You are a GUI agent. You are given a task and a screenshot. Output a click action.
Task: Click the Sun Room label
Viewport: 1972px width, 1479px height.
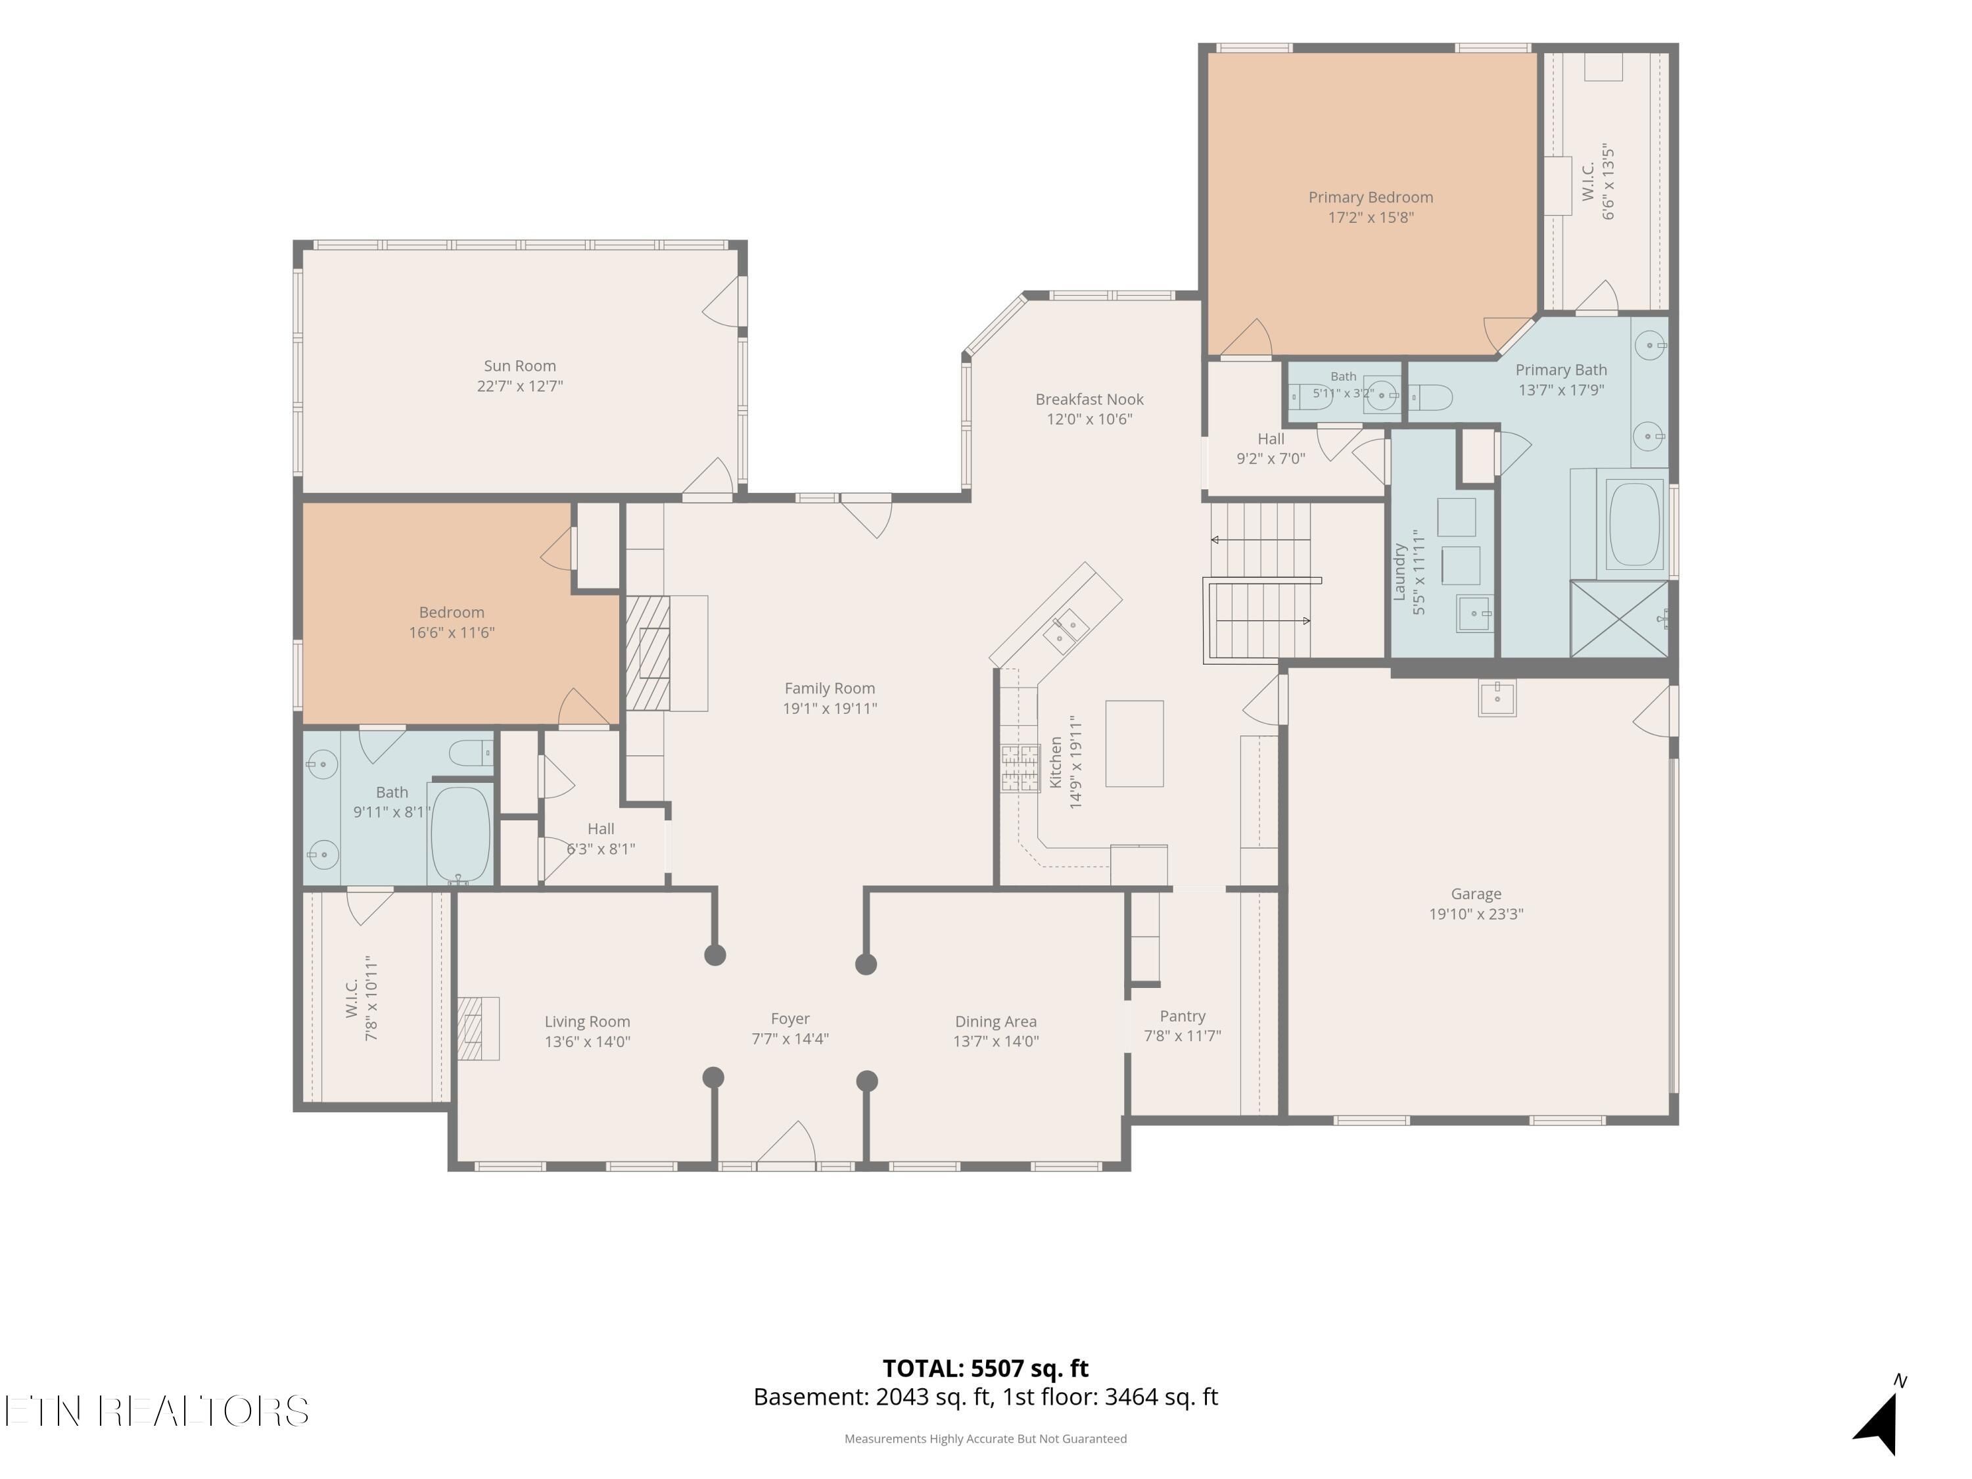click(520, 365)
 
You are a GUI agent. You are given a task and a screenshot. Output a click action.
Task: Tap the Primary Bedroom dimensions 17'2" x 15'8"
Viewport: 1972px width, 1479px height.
click(1371, 218)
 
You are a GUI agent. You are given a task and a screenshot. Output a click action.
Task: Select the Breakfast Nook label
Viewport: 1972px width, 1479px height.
click(1089, 400)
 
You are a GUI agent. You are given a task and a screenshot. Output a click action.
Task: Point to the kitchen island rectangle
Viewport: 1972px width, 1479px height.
click(1134, 743)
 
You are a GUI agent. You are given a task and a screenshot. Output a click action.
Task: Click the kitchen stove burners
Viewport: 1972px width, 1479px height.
click(1020, 768)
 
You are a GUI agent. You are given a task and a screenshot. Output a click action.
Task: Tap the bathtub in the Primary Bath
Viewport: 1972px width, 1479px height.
click(1634, 524)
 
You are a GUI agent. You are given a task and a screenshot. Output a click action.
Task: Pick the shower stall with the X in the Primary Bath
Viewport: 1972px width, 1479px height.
click(1619, 619)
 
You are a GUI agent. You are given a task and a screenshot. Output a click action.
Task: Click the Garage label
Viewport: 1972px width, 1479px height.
click(1476, 893)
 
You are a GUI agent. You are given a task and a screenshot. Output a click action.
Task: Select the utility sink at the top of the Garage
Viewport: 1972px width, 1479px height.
click(1497, 698)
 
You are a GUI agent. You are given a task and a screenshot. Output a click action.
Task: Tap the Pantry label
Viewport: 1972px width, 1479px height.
click(1182, 1016)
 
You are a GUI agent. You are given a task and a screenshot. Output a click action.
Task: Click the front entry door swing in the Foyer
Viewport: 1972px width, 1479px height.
click(786, 1143)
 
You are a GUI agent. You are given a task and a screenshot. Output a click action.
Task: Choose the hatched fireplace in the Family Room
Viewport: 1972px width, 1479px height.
click(647, 653)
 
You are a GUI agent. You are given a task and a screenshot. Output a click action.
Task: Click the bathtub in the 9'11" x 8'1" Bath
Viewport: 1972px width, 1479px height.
click(460, 833)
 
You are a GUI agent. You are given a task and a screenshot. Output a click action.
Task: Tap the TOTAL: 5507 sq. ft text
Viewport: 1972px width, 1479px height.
click(985, 1369)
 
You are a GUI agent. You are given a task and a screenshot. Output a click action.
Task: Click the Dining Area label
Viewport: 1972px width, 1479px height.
click(996, 1021)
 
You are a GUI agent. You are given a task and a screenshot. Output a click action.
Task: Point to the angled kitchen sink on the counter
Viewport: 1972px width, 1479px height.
click(1066, 632)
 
